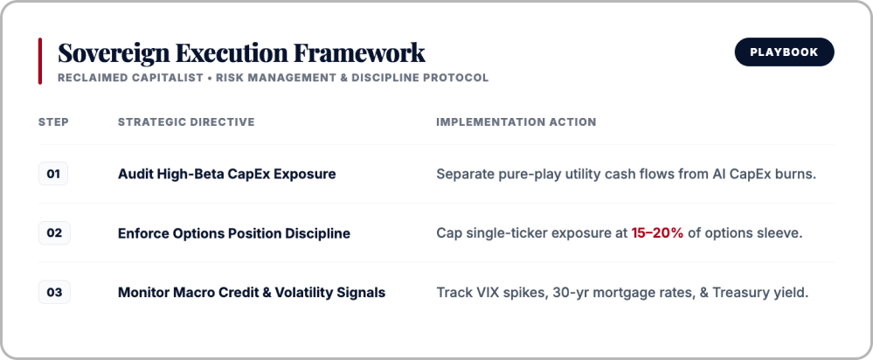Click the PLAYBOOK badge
coord(784,52)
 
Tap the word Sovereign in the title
coord(114,53)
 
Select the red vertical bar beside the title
coord(40,61)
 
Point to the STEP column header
coord(53,121)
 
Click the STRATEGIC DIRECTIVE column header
coord(186,121)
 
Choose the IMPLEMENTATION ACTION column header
coord(516,121)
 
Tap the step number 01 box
coord(53,174)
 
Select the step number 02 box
coord(54,232)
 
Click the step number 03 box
coord(54,292)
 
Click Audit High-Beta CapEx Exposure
coord(226,174)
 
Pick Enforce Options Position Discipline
coord(234,233)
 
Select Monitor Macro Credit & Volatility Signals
coord(252,292)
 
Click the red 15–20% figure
coord(657,233)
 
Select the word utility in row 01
coord(565,175)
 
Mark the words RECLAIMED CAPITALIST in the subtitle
coord(130,78)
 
